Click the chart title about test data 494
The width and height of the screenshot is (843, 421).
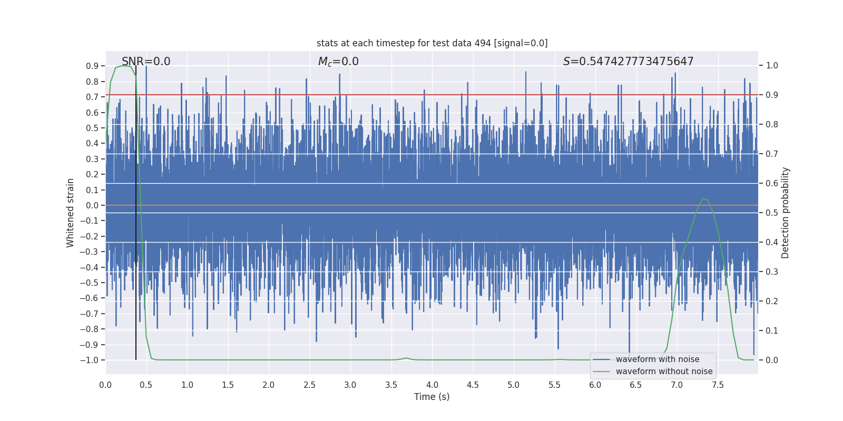click(432, 43)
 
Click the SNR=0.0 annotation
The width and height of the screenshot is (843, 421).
click(146, 62)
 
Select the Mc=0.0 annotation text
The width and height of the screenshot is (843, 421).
click(338, 62)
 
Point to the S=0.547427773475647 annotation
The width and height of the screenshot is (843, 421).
click(628, 62)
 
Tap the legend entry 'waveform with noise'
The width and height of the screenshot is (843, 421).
click(657, 359)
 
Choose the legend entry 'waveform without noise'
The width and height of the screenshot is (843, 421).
click(663, 372)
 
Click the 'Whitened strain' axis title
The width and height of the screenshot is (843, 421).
click(71, 213)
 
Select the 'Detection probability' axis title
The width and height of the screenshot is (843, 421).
click(786, 213)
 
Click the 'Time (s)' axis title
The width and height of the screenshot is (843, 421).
click(432, 397)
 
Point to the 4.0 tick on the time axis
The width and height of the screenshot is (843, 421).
click(432, 385)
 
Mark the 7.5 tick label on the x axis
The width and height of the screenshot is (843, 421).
click(718, 385)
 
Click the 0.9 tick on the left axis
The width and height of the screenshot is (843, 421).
click(92, 66)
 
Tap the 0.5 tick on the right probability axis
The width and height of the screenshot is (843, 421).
click(772, 213)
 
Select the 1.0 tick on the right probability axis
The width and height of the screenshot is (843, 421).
click(772, 66)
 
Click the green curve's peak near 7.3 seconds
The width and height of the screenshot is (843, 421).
click(703, 199)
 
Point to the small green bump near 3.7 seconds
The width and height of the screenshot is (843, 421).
click(406, 358)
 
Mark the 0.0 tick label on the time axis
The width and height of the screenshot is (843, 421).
click(105, 385)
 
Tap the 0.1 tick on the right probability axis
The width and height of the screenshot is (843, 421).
click(772, 330)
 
